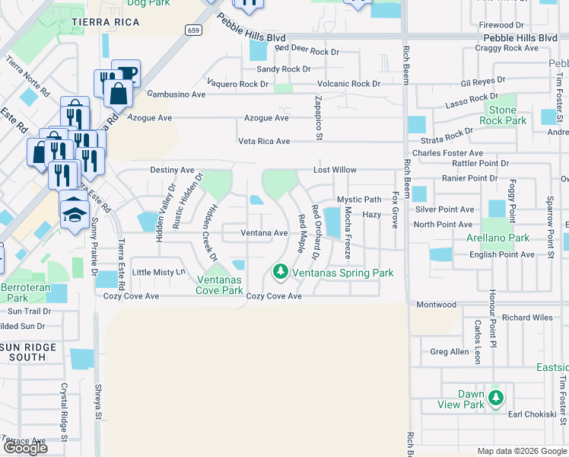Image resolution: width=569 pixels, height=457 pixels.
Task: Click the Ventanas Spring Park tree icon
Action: pyautogui.click(x=280, y=272)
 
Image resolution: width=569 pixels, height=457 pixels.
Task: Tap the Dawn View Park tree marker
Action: pyautogui.click(x=496, y=398)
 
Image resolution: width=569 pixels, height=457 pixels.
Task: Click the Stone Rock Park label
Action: pyautogui.click(x=503, y=116)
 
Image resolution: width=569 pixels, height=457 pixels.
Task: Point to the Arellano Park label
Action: pyautogui.click(x=502, y=238)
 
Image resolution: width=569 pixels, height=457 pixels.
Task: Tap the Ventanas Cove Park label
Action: pyautogui.click(x=219, y=285)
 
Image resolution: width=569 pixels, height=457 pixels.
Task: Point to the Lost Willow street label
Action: pyautogui.click(x=335, y=170)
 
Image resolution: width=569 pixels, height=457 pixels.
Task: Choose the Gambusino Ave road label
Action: pyautogui.click(x=176, y=94)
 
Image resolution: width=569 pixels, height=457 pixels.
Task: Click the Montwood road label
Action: pyautogui.click(x=437, y=304)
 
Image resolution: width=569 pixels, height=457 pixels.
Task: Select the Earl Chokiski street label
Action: pyautogui.click(x=532, y=414)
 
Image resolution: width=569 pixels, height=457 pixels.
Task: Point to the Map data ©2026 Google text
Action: pyautogui.click(x=521, y=451)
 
